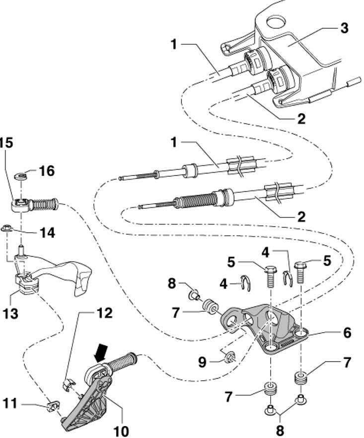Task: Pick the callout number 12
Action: (104, 314)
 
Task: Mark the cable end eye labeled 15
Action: (19, 204)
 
